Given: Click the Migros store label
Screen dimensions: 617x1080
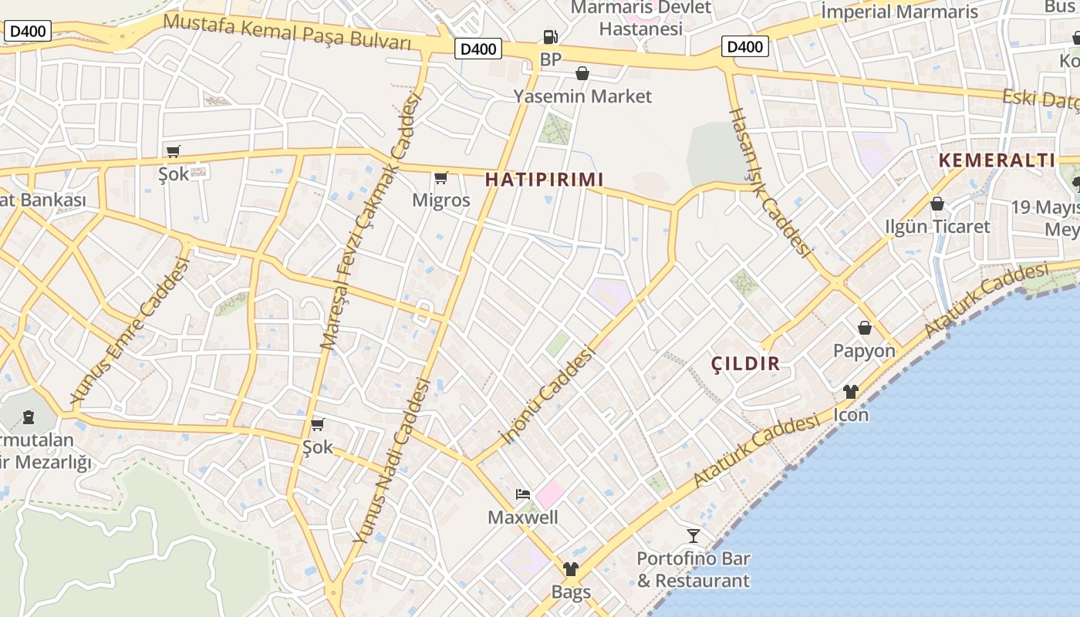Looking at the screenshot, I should [x=440, y=200].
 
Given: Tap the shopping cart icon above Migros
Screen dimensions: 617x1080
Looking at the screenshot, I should [x=440, y=178].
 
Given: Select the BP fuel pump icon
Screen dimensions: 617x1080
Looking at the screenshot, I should [x=550, y=36].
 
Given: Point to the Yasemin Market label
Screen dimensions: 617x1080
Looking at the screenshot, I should [x=582, y=96].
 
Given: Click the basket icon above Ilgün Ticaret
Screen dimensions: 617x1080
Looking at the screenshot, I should [x=937, y=204].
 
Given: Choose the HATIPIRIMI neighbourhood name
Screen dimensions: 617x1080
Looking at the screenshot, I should [x=544, y=180].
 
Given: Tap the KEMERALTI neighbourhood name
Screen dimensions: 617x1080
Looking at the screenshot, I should [x=997, y=160].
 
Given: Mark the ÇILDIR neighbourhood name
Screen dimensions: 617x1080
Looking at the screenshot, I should [x=745, y=364].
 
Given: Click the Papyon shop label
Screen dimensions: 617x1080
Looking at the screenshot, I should [x=864, y=351].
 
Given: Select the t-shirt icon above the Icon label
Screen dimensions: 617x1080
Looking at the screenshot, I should [x=851, y=392].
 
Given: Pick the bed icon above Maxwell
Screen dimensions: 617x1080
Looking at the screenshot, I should [x=523, y=494].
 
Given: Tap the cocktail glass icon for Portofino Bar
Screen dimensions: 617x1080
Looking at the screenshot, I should [x=694, y=535].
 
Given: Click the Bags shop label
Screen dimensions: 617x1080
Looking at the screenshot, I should [x=571, y=592].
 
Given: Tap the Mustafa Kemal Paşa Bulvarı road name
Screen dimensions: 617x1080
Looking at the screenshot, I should [x=287, y=31].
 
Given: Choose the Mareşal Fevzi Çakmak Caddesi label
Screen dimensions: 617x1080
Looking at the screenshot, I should [x=372, y=222].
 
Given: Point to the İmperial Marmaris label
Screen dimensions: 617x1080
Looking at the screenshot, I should [x=899, y=12].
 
